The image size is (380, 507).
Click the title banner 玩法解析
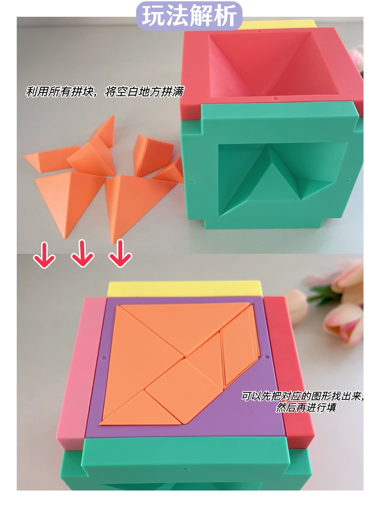pos(189,16)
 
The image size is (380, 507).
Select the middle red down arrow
pos(82,253)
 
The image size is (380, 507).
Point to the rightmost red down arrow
pos(120,253)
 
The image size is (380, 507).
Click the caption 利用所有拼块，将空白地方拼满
pos(104,92)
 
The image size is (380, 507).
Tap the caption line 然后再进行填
pos(306,407)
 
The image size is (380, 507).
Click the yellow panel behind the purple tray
pos(185,288)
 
